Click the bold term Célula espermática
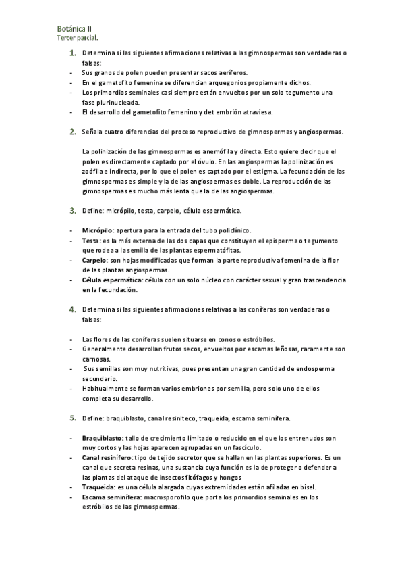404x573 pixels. pyautogui.click(x=111, y=280)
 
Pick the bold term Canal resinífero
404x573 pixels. pyautogui.click(x=107, y=457)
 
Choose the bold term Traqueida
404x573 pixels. pyautogui.click(x=97, y=487)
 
